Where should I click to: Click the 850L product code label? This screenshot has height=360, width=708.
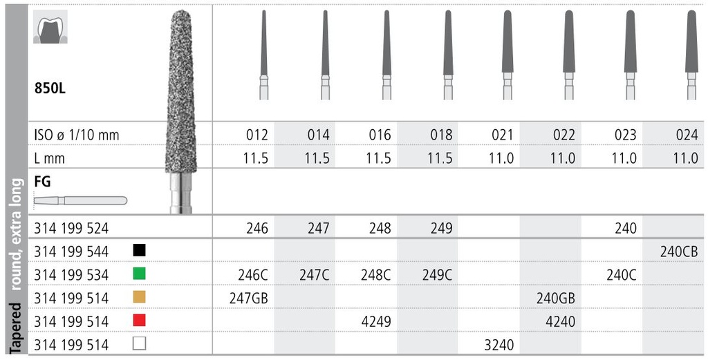(52, 88)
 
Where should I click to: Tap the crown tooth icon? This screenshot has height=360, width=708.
(50, 31)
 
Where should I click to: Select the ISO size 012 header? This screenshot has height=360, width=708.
(257, 135)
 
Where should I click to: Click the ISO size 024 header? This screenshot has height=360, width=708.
(687, 135)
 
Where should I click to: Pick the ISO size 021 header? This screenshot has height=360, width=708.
(502, 135)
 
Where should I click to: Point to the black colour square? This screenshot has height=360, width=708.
(138, 250)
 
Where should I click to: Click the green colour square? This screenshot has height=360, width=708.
(138, 274)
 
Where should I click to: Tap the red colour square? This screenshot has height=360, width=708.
(138, 321)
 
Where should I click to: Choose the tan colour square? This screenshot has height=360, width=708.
(138, 297)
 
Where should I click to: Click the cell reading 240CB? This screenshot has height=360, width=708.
(680, 251)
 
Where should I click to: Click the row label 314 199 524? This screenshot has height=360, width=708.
(71, 227)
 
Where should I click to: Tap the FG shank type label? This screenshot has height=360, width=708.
(42, 182)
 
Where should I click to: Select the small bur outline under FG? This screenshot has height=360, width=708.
(80, 200)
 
